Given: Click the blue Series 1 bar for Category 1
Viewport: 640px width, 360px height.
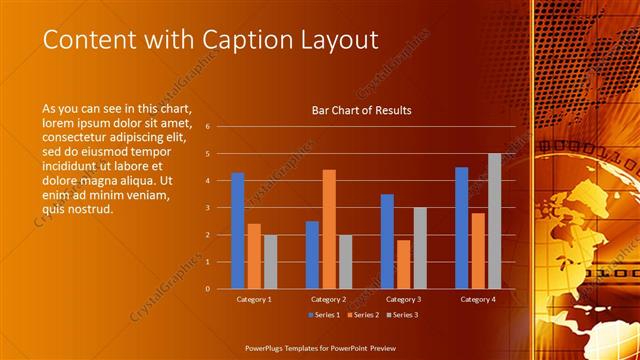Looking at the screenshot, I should pos(238,230).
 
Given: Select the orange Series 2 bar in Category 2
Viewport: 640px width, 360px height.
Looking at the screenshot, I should pos(329,229).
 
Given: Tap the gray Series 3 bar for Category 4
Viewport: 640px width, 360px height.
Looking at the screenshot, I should pos(494,221).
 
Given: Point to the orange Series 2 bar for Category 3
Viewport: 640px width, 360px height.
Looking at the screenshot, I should pos(403,264).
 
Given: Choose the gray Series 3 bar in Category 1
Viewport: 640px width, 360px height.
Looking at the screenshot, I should pos(270,261).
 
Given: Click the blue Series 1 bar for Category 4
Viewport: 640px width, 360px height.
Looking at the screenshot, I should pos(461,227).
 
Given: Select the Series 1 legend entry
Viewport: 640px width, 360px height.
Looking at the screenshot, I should pos(323,315).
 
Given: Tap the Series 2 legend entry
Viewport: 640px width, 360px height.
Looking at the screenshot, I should pos(362,315).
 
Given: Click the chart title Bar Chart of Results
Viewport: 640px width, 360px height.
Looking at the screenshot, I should pos(362,110).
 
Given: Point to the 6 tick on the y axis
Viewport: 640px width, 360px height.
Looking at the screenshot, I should pos(207,127).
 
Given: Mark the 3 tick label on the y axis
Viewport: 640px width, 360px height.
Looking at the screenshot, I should pos(207,208).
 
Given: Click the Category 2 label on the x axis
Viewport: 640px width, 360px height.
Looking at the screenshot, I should pos(329,299).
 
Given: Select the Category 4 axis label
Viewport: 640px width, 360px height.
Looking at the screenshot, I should pos(478,299).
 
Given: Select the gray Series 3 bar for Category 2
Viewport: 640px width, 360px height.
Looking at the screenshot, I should pos(345,261).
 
